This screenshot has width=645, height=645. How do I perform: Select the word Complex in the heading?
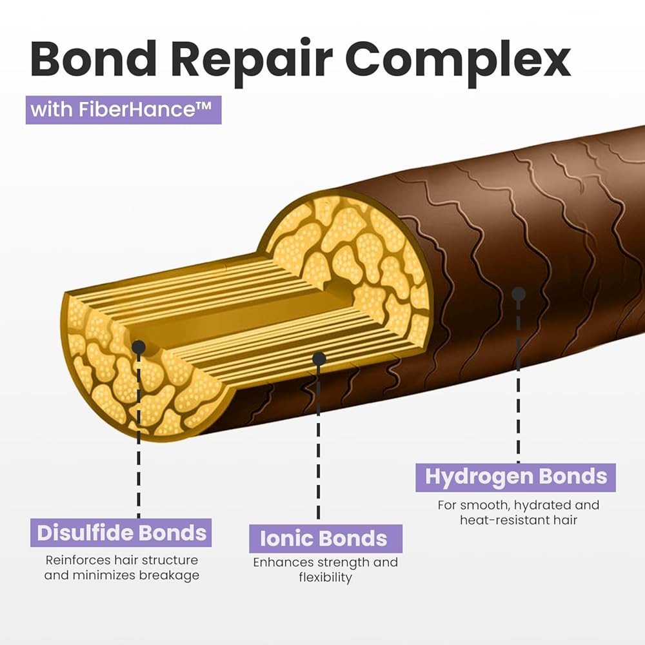pyautogui.click(x=459, y=59)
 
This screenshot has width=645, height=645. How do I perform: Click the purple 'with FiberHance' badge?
pyautogui.click(x=123, y=109)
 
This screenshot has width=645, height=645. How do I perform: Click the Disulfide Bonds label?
pyautogui.click(x=121, y=533)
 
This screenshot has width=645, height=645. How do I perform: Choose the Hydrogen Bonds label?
pyautogui.click(x=515, y=477)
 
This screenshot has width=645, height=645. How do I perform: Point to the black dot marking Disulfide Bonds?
pyautogui.click(x=138, y=348)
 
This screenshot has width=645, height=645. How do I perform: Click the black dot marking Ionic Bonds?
pyautogui.click(x=319, y=358)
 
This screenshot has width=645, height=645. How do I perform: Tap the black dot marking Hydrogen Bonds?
pyautogui.click(x=518, y=294)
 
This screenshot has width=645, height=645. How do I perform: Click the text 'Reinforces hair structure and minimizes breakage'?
pyautogui.click(x=121, y=568)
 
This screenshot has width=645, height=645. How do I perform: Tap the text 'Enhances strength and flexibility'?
pyautogui.click(x=325, y=570)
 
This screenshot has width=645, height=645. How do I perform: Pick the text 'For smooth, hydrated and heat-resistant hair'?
pyautogui.click(x=518, y=512)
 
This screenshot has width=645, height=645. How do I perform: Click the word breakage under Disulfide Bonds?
pyautogui.click(x=169, y=575)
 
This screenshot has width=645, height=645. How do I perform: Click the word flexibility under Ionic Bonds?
pyautogui.click(x=325, y=578)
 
